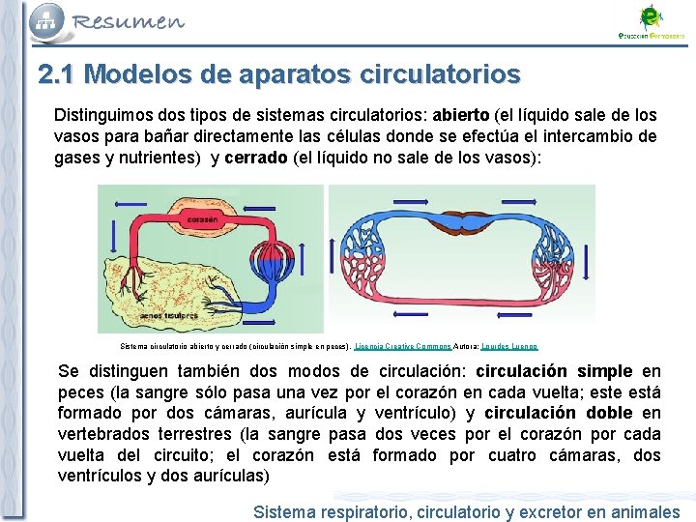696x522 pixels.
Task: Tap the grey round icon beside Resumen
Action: [x=47, y=18]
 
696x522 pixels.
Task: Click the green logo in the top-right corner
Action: [x=652, y=16]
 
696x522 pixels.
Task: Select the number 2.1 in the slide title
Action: [x=60, y=74]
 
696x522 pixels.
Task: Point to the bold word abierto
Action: [x=461, y=114]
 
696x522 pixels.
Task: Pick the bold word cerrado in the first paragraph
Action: [x=255, y=159]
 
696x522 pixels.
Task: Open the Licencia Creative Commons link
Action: [x=402, y=345]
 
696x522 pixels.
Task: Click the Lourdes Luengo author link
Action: [x=508, y=345]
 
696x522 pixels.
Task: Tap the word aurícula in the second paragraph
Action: [x=313, y=414]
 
